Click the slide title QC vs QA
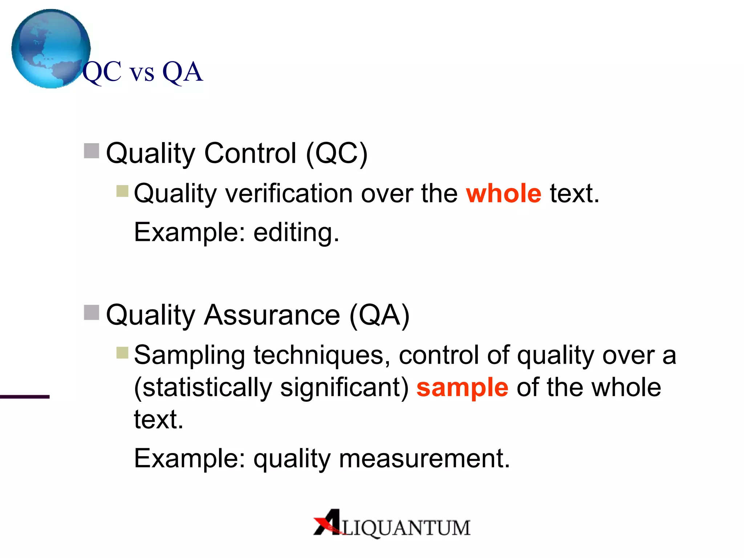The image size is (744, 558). pos(142,72)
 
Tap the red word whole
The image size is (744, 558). pos(504,193)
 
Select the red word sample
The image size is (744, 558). pos(462,388)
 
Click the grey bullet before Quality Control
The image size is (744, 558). pos(92,151)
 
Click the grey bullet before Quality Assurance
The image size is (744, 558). pos(92,312)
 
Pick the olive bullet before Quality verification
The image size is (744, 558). pos(122,191)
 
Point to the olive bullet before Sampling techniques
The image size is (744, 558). pos(122,352)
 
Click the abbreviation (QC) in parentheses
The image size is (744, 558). pos(336,154)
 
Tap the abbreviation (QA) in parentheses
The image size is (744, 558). pos(379,315)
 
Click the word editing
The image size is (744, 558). pos(296,232)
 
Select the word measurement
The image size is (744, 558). pos(424,458)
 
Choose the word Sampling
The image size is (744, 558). pos(189,355)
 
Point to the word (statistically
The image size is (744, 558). pos(203,388)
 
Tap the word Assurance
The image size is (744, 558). pos(272,315)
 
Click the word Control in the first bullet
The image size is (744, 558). pos(250,154)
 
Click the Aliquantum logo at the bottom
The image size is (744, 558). pos(392,523)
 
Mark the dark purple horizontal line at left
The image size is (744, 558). pos(25,397)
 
